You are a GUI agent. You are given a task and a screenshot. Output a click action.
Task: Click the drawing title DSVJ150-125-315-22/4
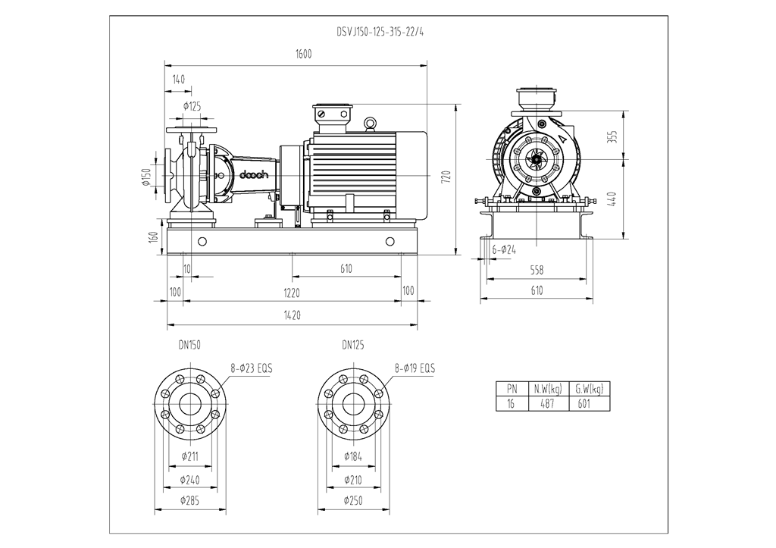point(380,33)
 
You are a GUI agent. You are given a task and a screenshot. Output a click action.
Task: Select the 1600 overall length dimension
point(303,55)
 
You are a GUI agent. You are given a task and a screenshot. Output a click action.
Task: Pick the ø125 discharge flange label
point(192,106)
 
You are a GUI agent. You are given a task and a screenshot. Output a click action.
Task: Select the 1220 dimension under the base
point(292,292)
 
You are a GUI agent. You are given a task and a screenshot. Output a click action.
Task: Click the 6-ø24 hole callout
point(504,249)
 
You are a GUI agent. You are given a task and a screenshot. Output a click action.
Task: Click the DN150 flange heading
point(189,345)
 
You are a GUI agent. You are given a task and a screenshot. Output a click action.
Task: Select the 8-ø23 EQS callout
point(251,368)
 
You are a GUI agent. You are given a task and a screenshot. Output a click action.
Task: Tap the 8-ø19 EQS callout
point(415,368)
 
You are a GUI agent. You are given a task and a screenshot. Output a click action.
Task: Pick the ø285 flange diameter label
point(189,500)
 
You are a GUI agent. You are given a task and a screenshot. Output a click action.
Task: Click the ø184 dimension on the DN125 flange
point(352,456)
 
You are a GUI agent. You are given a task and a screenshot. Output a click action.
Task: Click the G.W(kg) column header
point(589,390)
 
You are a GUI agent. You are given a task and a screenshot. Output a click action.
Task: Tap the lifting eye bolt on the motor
point(371,123)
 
